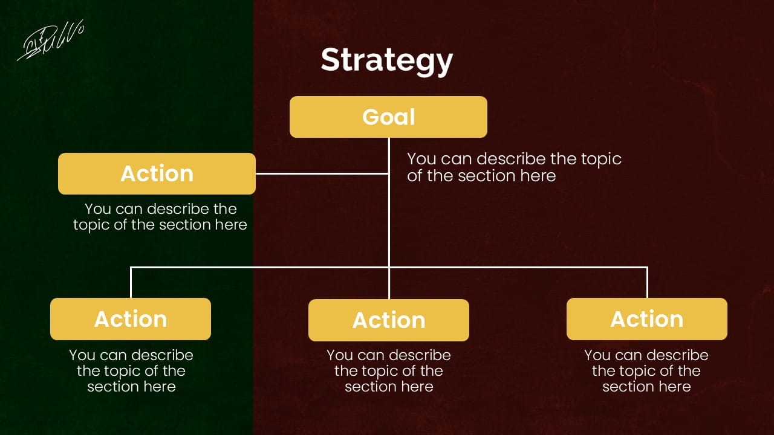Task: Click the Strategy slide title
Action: [x=387, y=60]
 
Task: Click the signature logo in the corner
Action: [x=51, y=41]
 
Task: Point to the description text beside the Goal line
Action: [x=514, y=167]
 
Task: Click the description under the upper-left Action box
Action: [x=160, y=217]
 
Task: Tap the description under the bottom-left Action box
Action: [x=131, y=370]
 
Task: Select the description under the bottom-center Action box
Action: [x=389, y=370]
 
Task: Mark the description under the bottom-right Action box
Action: [x=646, y=370]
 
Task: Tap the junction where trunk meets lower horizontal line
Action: [x=389, y=267]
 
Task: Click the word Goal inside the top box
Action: [x=389, y=117]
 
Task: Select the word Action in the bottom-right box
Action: [x=647, y=318]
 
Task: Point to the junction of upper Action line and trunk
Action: [x=389, y=173]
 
